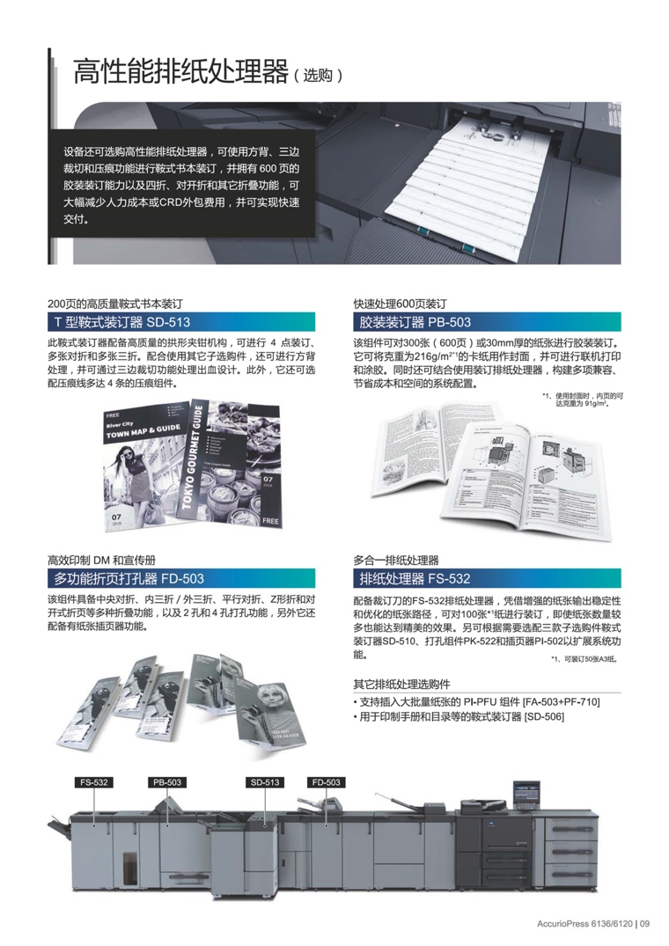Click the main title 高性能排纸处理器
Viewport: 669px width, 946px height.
181,71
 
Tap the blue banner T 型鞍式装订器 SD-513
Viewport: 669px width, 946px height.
119,322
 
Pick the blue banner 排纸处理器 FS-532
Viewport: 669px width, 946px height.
414,578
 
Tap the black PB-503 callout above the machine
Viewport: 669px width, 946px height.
167,781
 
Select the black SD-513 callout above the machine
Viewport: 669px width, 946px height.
265,781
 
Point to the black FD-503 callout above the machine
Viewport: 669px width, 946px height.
326,781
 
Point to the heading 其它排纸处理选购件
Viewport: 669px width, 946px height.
401,684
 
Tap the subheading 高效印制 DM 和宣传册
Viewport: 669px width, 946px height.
101,558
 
